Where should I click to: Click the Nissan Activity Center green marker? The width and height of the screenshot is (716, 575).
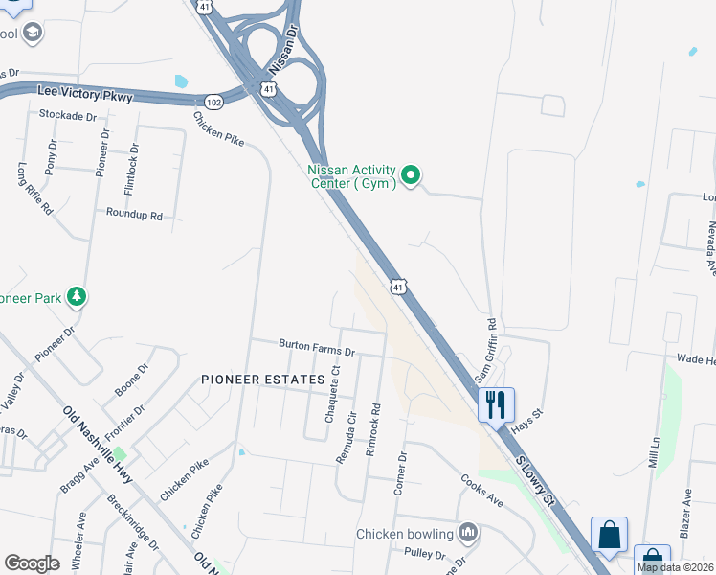(x=412, y=175)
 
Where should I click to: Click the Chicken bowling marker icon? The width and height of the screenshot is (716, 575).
(x=468, y=532)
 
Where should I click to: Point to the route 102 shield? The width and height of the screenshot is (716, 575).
(x=214, y=100)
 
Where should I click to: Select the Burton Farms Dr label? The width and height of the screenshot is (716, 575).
(x=317, y=346)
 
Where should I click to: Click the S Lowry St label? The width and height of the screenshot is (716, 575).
(x=536, y=478)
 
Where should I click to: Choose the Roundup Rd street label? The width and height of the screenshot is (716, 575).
(x=134, y=215)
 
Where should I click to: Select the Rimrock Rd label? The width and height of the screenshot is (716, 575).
(x=374, y=428)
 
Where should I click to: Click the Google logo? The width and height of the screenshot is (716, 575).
(x=32, y=563)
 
